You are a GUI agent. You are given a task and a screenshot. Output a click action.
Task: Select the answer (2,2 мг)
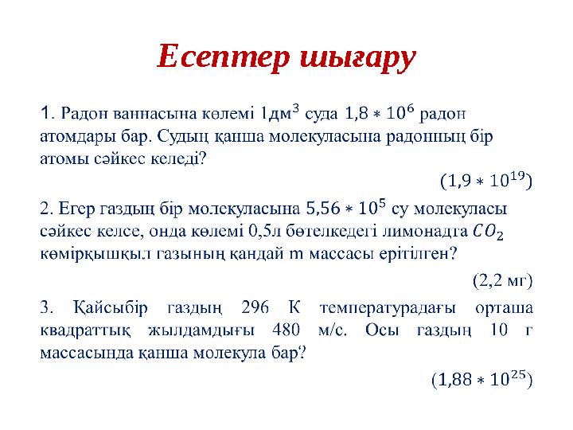(502, 279)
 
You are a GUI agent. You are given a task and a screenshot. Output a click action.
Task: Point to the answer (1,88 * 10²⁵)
(481, 381)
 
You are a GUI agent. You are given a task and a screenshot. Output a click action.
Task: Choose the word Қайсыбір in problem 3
(109, 308)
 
